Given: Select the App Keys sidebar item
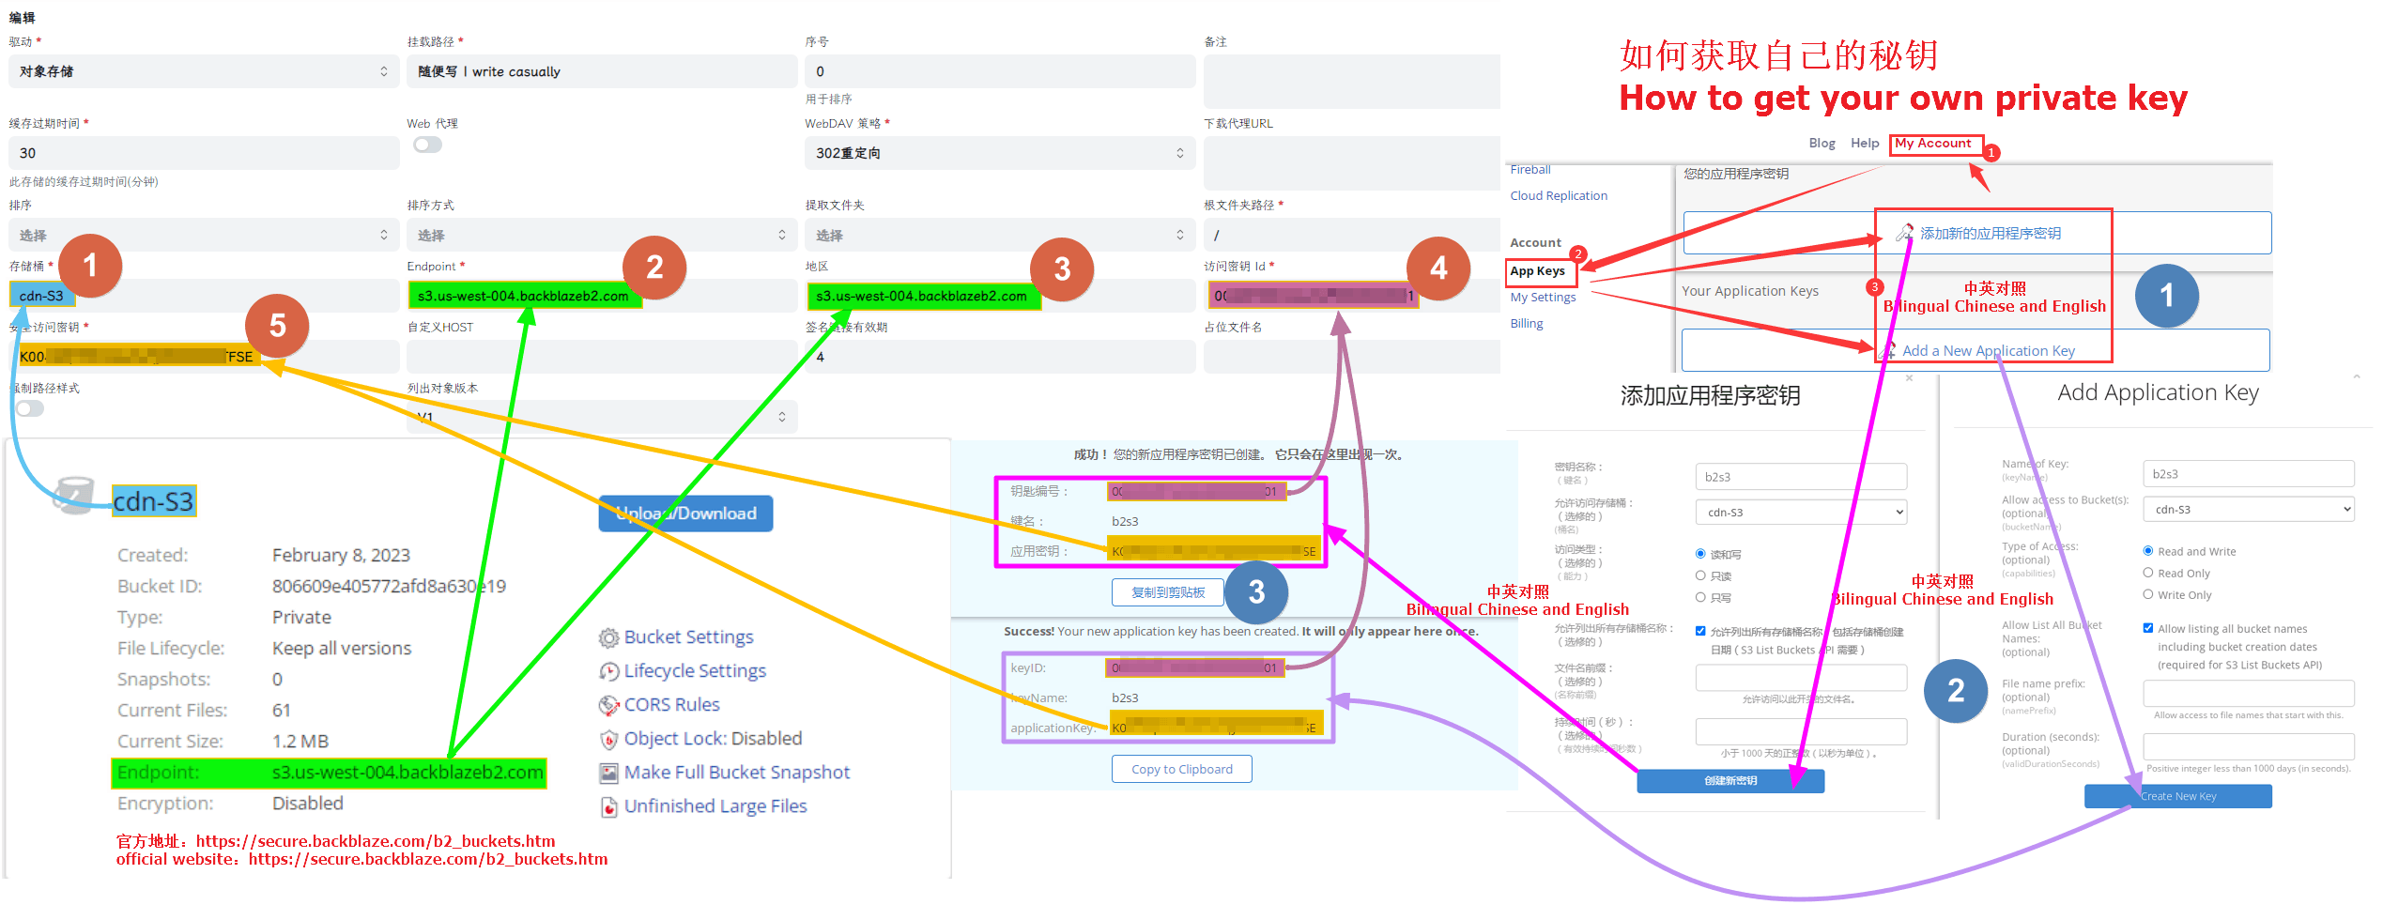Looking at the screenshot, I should pos(1537,271).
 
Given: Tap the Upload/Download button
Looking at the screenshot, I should pos(685,514).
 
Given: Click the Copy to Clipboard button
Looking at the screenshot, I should pos(1181,769).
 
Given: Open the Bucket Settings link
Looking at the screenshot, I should pos(688,637).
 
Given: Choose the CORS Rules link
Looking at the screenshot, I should pos(671,705).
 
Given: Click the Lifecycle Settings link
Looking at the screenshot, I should pos(694,671).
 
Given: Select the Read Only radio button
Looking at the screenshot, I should pos(2148,573).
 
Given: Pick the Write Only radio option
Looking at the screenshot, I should pos(2148,594).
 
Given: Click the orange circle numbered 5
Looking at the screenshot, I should pos(277,326).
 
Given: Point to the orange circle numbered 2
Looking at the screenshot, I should pos(654,268).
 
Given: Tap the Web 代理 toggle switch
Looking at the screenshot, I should pos(427,145).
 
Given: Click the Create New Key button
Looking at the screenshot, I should pos(2177,796).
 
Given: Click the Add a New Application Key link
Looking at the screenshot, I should pos(1988,351).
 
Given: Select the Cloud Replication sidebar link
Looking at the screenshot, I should pos(1559,196).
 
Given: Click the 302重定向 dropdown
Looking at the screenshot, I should pos(999,153).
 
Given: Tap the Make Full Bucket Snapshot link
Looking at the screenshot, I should pos(736,773).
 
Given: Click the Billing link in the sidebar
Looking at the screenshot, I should pos(1527,324).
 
